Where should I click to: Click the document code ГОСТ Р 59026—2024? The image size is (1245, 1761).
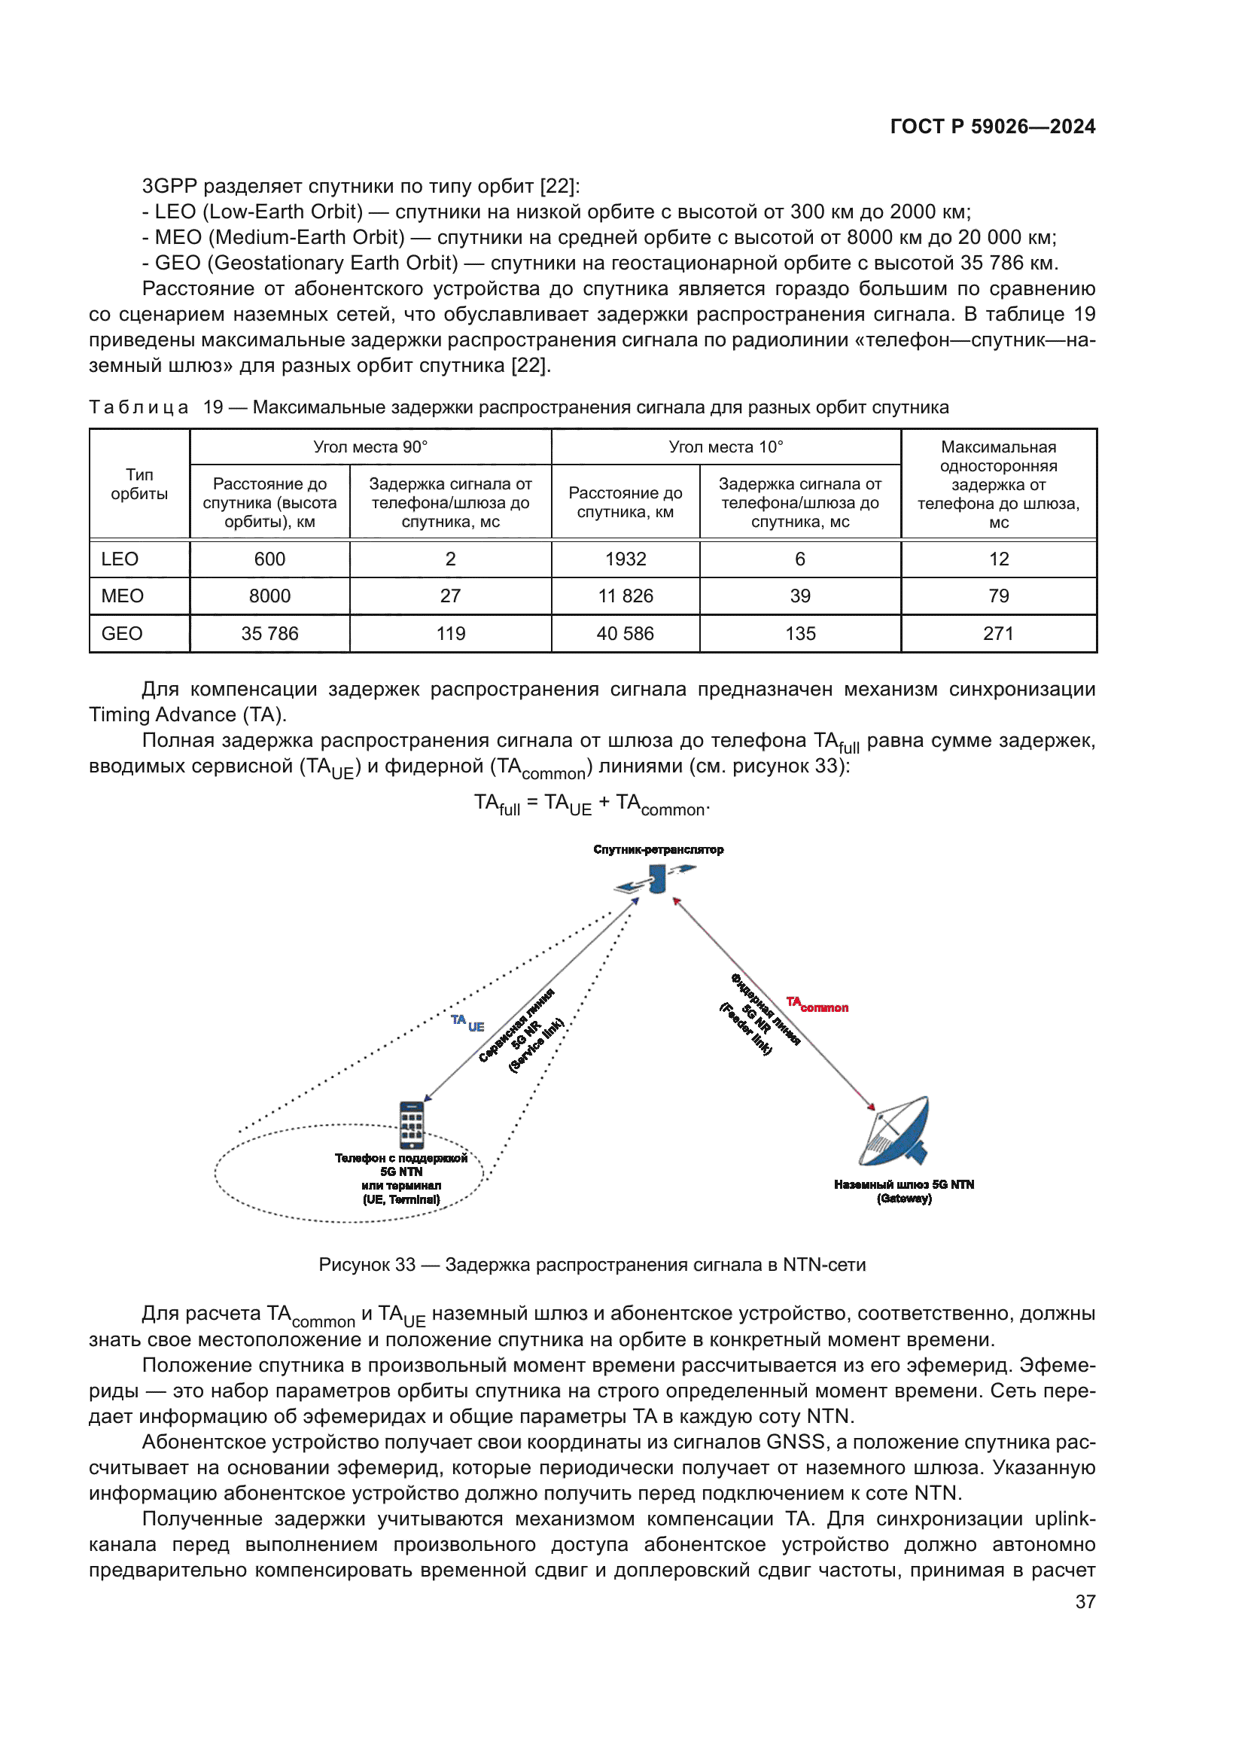(x=992, y=126)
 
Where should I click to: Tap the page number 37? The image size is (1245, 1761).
(x=1085, y=1601)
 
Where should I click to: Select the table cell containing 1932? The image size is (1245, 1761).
(x=625, y=559)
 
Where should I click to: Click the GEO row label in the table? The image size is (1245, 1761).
(x=122, y=633)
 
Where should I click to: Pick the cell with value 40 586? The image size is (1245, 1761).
(x=625, y=633)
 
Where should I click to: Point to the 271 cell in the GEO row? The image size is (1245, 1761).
(x=998, y=633)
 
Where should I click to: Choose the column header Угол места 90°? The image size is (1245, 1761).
(x=370, y=447)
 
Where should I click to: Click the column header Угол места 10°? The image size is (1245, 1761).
(x=725, y=447)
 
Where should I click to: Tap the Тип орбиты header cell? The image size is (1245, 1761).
(x=139, y=485)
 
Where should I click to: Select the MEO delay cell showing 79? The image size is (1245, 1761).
(x=998, y=596)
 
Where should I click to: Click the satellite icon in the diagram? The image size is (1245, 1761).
(x=656, y=879)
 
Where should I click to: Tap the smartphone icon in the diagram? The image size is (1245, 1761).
(x=412, y=1125)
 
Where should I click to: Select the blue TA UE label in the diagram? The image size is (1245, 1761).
(x=467, y=1023)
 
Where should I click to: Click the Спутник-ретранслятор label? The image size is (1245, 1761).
(x=658, y=850)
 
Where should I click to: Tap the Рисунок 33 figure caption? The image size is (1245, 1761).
(x=592, y=1265)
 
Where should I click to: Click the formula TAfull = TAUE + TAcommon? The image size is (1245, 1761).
(x=592, y=805)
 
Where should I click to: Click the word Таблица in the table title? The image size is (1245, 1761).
(x=139, y=407)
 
